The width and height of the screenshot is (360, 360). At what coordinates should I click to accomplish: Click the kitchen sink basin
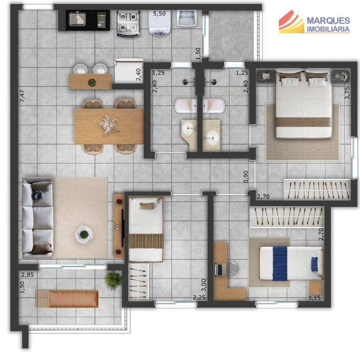click(77, 19)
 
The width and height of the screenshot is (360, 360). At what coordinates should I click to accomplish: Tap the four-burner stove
click(128, 22)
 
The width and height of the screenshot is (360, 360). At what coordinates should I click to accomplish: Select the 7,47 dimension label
click(22, 96)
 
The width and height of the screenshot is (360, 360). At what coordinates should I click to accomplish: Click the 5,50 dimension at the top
click(159, 14)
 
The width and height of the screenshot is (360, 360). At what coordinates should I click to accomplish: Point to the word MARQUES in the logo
click(328, 21)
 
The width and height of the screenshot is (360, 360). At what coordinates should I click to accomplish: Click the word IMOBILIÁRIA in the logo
click(328, 29)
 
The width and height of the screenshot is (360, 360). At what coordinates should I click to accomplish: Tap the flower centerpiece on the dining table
click(109, 124)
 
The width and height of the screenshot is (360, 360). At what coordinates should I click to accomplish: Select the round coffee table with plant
click(84, 234)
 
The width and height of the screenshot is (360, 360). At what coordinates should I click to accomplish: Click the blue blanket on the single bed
click(280, 263)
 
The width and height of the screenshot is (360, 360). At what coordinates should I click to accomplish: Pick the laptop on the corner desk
click(220, 270)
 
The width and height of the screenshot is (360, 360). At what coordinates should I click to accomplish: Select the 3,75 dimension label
click(347, 93)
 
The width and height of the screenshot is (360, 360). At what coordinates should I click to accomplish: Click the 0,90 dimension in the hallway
click(246, 177)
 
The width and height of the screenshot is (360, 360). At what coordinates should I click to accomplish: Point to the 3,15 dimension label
click(314, 298)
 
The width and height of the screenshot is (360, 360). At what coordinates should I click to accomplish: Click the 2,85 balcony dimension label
click(28, 275)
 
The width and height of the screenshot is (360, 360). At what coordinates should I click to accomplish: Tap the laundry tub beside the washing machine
click(186, 18)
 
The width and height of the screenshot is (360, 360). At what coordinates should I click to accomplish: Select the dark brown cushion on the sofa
click(42, 249)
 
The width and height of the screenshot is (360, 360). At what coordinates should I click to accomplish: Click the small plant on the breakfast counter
click(92, 82)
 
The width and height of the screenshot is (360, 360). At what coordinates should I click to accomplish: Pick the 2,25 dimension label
click(199, 298)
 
